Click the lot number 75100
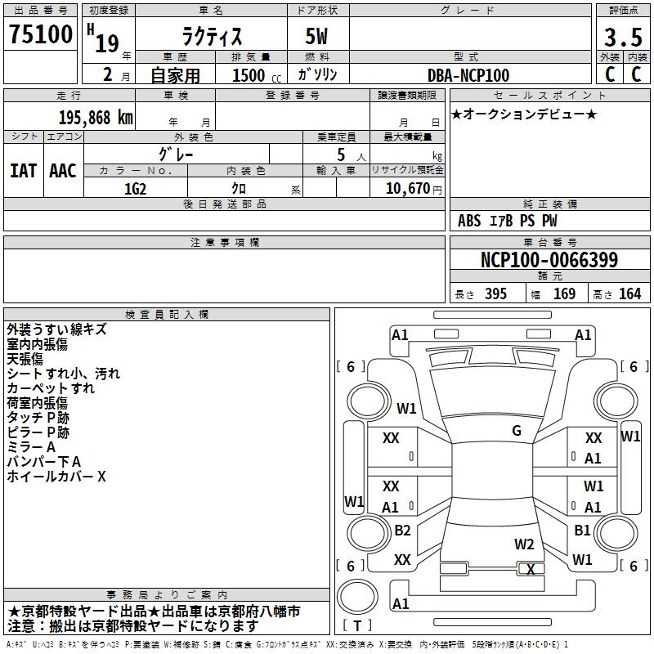(40, 34)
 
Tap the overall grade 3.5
(623, 38)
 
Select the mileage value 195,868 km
(96, 118)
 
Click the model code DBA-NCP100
(468, 75)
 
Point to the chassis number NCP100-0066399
(549, 260)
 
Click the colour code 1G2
(135, 189)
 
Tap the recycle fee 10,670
(408, 189)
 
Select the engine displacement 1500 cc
(257, 75)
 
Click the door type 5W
(316, 36)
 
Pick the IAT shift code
(23, 171)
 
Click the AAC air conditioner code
(63, 171)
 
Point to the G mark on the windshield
(517, 431)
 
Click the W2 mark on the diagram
(524, 544)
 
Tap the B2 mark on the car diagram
(402, 530)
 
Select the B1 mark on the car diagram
(582, 530)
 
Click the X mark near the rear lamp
(531, 569)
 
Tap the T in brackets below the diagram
(357, 625)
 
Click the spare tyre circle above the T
(357, 597)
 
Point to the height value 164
(629, 293)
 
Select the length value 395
(495, 293)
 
